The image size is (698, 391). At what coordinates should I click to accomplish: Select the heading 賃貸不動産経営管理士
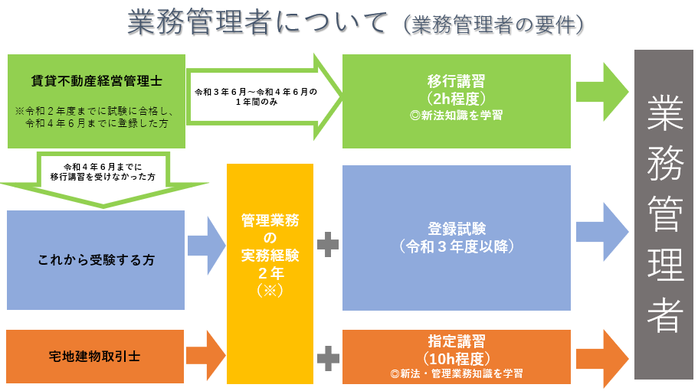(97, 79)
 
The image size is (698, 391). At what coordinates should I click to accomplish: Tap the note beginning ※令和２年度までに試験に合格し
(97, 116)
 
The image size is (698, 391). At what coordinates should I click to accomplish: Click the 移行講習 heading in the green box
(456, 80)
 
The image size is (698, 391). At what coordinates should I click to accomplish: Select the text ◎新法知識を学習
(456, 116)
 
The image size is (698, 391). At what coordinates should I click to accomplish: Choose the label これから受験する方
(96, 260)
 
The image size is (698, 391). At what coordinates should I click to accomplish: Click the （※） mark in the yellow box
(270, 292)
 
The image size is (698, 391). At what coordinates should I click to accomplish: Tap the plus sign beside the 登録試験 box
(327, 245)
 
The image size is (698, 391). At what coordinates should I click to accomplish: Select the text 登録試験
(456, 229)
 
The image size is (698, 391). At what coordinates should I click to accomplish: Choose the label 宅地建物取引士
(96, 356)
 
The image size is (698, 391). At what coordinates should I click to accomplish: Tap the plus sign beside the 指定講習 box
(327, 356)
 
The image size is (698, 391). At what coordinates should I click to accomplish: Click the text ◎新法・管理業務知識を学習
(456, 374)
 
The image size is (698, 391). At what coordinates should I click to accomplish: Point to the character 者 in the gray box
(664, 314)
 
